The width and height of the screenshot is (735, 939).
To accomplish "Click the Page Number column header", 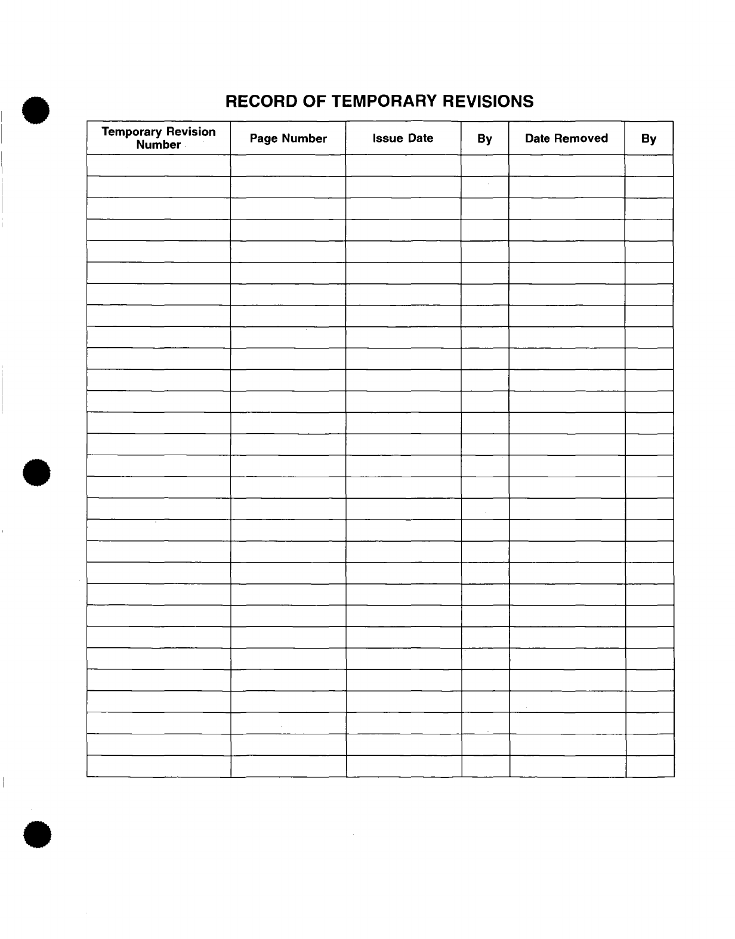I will click(288, 138).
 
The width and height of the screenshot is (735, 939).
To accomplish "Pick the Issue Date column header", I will click(403, 138).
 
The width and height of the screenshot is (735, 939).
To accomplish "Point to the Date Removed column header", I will click(566, 138).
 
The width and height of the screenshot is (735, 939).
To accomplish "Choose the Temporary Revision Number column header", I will click(159, 138).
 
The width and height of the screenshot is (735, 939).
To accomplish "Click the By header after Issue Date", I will click(484, 139).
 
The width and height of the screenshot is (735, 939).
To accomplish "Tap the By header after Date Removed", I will click(648, 139).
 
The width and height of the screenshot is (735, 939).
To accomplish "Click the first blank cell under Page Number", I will click(288, 166).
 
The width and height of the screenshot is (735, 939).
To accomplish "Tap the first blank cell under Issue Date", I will click(403, 166).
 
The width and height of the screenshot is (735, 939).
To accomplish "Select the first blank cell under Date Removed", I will click(566, 166).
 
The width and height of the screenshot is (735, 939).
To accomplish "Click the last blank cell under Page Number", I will click(289, 766).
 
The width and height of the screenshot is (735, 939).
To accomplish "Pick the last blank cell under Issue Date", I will click(404, 766).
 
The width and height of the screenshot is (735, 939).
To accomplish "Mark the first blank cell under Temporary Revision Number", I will click(159, 166).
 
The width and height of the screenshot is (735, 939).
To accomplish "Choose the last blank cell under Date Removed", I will click(567, 766).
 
